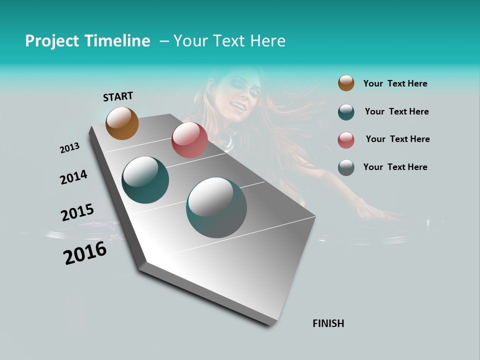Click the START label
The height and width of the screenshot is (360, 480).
118,96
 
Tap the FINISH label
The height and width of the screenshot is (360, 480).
328,323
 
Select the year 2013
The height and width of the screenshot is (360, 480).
69,148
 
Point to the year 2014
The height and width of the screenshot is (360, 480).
73,177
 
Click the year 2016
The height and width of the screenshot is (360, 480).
85,253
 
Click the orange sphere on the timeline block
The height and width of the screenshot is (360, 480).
122,123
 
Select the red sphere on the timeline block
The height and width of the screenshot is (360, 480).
189,140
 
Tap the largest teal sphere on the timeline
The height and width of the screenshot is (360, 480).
216,207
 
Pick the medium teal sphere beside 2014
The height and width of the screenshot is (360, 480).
145,180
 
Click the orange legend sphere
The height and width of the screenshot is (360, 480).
346,83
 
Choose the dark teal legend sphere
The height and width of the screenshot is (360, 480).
346,112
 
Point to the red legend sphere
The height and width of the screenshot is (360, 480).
346,140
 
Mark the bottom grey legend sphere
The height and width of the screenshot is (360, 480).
346,167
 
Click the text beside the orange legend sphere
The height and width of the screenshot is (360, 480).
395,83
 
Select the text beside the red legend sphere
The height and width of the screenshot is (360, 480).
397,139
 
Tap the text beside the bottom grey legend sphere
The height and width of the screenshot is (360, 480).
395,167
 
